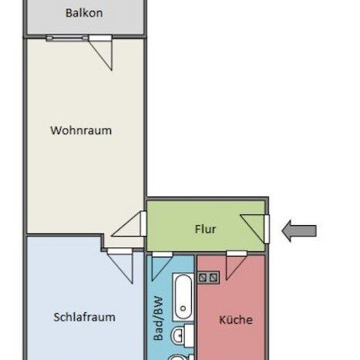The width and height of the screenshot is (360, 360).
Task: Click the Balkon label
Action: (x=85, y=13)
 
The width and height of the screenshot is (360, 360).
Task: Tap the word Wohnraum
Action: (x=81, y=130)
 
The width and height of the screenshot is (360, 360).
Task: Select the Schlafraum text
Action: (x=85, y=317)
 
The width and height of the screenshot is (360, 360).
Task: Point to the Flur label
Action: (x=205, y=229)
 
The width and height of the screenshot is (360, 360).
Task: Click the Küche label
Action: (x=235, y=319)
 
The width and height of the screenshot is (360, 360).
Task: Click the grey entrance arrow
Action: (x=300, y=230)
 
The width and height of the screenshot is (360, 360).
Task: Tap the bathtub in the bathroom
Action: (x=183, y=298)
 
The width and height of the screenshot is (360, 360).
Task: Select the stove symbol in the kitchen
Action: (x=210, y=275)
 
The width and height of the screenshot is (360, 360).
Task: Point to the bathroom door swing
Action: (x=161, y=266)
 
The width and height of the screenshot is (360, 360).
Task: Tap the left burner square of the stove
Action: (x=204, y=275)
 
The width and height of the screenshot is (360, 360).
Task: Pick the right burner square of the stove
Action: (x=216, y=275)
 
